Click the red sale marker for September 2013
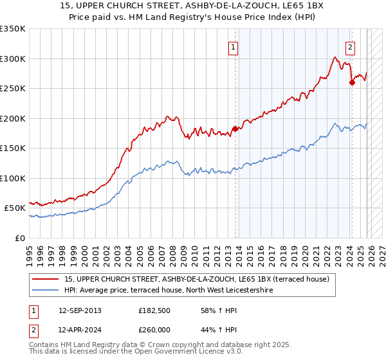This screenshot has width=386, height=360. (x=235, y=129)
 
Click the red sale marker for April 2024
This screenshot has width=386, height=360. (x=352, y=82)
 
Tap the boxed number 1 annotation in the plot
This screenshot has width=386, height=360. (x=232, y=46)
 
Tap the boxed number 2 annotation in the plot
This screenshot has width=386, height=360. (x=350, y=46)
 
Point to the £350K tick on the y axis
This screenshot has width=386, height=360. (x=13, y=29)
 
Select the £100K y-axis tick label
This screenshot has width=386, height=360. (x=13, y=178)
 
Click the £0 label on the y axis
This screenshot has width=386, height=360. (x=19, y=238)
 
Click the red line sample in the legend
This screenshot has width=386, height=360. (x=45, y=279)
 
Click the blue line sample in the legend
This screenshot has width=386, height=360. (x=45, y=291)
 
